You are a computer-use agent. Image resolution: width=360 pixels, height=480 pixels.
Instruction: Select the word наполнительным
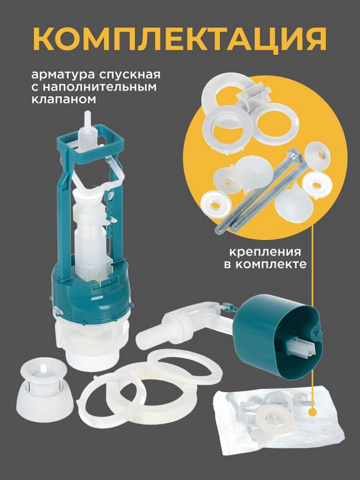pos(99,88)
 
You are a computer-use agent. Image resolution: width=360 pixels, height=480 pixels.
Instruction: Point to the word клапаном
pos(63,99)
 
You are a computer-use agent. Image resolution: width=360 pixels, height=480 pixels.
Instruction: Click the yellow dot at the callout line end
pos(312,411)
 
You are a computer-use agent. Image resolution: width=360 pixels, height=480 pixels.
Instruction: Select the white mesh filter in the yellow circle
pos(254,99)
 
